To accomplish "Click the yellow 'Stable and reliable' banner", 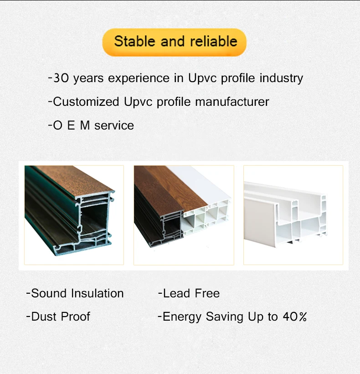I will [175, 42].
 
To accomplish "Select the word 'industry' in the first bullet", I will [281, 78].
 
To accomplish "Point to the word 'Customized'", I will [87, 102].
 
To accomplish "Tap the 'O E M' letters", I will [72, 125].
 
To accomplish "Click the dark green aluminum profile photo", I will [74, 214].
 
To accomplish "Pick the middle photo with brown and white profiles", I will [184, 214].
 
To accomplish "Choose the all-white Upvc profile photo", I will [293, 214].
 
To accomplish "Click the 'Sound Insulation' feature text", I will [75, 293].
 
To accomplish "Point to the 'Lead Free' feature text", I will [189, 293].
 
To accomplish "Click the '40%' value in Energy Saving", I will [294, 317].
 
